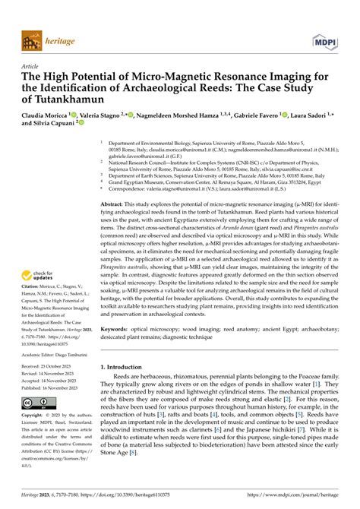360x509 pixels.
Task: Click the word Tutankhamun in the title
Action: click(x=71, y=99)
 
